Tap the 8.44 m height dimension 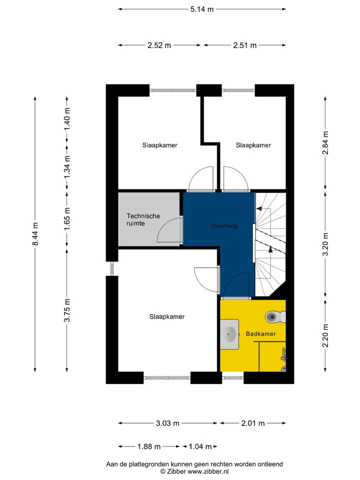tap(35, 233)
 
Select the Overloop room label tap(224, 226)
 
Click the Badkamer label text tap(260, 333)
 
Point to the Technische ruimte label tap(143, 219)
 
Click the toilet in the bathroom tap(274, 316)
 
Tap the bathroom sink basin tap(230, 332)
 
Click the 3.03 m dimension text tap(167, 423)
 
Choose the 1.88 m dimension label tap(148, 446)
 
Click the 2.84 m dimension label tap(326, 141)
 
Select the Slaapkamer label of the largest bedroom tap(167, 316)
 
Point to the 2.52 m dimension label tap(159, 45)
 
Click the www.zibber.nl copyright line tap(194, 471)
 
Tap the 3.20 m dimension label tap(326, 244)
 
